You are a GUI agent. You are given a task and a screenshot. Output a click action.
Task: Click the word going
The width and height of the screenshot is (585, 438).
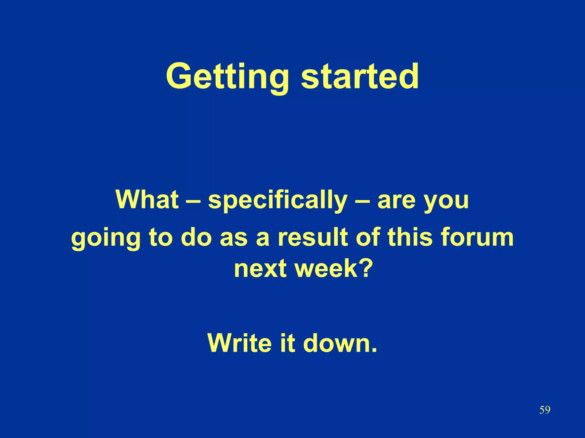pyautogui.click(x=106, y=239)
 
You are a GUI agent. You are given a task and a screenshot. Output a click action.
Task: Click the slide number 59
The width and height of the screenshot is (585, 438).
pyautogui.click(x=544, y=410)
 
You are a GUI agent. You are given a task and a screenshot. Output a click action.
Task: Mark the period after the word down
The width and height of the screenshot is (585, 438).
pyautogui.click(x=374, y=350)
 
